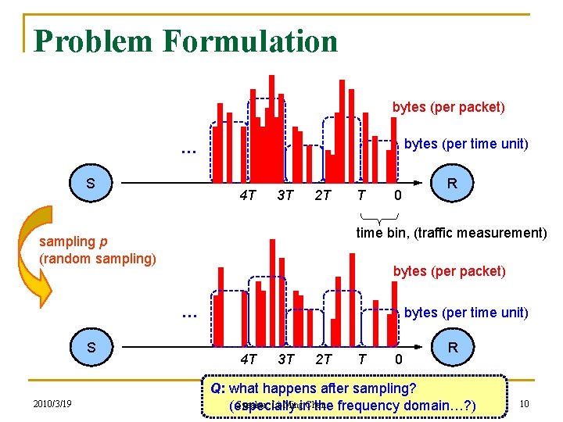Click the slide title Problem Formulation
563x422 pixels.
[185, 41]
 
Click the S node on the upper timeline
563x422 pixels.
[91, 184]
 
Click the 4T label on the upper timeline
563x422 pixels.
[248, 195]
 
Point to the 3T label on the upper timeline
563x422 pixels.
[285, 195]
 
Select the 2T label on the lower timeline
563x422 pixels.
[323, 359]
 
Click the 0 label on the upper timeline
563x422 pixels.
[397, 195]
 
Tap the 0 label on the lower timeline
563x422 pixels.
[397, 359]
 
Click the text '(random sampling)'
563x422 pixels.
[98, 258]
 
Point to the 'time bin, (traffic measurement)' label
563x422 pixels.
[451, 232]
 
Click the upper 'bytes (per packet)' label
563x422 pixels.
[448, 107]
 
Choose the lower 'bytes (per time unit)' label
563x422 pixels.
[466, 313]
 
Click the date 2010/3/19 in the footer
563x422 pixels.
[52, 404]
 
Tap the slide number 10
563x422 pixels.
[525, 403]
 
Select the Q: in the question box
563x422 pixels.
[218, 388]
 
